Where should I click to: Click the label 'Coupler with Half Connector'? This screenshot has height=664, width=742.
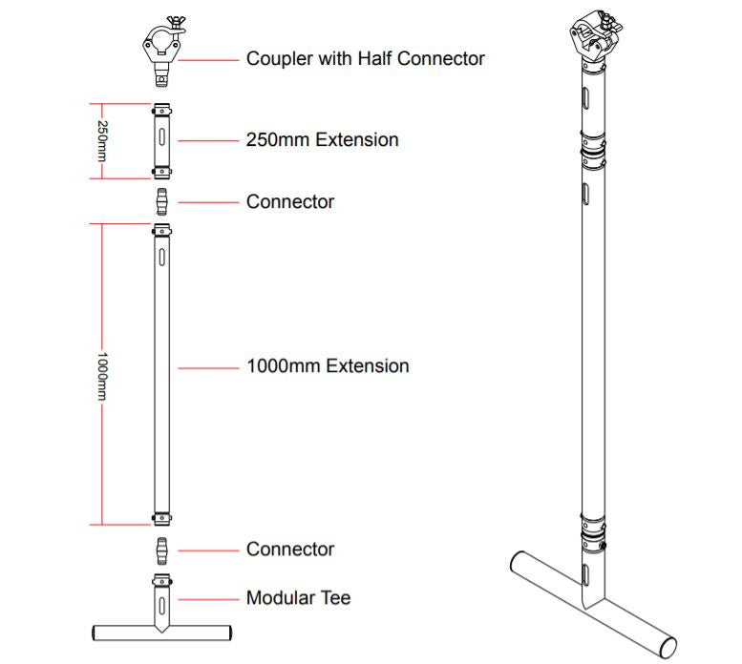(x=366, y=58)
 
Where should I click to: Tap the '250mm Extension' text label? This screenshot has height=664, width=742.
(x=322, y=140)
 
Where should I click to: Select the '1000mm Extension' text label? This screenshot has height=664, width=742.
(x=328, y=366)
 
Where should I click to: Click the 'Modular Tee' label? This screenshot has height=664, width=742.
(x=299, y=598)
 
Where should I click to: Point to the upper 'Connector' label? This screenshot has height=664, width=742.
(x=290, y=202)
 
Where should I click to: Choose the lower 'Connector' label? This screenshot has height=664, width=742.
(x=290, y=550)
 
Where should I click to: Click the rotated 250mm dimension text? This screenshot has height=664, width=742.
(x=102, y=141)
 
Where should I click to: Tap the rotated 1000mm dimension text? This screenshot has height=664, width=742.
(x=102, y=376)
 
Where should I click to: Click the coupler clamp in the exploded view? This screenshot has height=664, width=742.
(x=163, y=52)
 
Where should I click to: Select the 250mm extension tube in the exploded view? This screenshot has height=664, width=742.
(x=161, y=141)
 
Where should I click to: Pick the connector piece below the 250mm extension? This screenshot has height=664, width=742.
(x=161, y=202)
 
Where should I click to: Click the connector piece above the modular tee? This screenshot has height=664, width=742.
(x=161, y=550)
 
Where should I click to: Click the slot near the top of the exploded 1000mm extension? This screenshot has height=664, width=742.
(x=161, y=257)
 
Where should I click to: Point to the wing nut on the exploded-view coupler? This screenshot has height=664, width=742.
(x=176, y=23)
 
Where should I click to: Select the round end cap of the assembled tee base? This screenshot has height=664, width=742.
(x=668, y=648)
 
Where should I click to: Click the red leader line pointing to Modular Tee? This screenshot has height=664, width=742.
(x=209, y=599)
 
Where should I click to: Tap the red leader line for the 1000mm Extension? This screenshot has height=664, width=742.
(x=209, y=367)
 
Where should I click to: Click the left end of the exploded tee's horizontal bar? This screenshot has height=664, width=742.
(x=94, y=633)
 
